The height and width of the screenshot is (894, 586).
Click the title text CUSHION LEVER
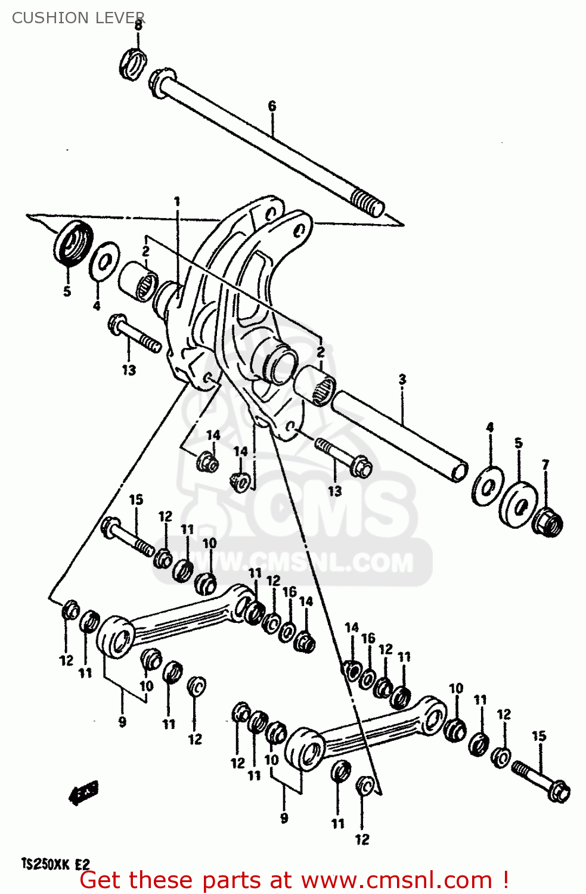coord(78,18)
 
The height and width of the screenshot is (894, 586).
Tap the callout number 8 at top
coord(138,26)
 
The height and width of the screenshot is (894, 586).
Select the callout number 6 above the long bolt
coord(272,106)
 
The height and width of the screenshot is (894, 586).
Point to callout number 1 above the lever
coord(177,202)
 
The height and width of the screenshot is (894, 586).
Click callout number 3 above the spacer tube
coord(402,379)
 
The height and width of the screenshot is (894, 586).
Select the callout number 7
coord(545,464)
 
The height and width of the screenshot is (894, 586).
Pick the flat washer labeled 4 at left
coord(104,260)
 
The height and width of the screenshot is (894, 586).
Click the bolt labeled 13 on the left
coord(134,334)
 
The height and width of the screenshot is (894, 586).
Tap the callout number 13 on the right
coord(335,491)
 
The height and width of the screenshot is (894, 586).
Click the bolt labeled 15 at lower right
coord(541,780)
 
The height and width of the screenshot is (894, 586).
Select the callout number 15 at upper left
coord(136,499)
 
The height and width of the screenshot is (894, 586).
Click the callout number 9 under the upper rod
coord(122,722)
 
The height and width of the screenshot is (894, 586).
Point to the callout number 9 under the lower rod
coord(284,818)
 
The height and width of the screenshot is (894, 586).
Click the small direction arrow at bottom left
coord(84,793)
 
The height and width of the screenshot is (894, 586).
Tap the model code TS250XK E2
coord(55,864)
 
